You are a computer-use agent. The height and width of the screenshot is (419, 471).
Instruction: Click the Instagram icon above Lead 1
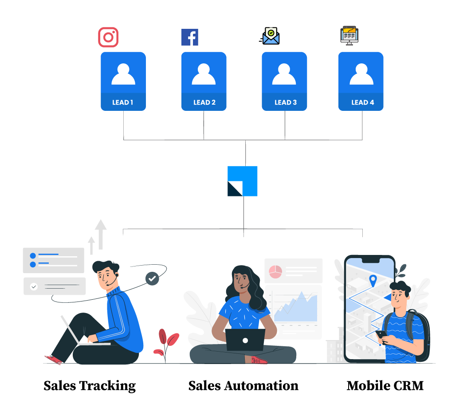(x=108, y=37)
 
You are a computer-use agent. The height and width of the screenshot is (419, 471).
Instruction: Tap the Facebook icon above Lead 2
(x=190, y=37)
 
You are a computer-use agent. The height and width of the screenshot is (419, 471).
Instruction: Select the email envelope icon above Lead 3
(x=271, y=36)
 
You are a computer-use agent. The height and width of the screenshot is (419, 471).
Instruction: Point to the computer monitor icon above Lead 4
(x=349, y=35)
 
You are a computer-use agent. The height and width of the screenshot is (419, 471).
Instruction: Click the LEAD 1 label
(x=123, y=102)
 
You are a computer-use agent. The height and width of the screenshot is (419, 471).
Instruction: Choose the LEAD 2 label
(x=204, y=102)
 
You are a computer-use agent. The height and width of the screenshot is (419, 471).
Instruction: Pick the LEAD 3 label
(x=285, y=102)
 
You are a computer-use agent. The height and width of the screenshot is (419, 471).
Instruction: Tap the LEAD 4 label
(x=362, y=102)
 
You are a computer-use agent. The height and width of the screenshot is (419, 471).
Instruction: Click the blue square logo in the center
(x=243, y=181)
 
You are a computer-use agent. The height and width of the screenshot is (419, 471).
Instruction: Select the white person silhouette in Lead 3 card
(x=284, y=74)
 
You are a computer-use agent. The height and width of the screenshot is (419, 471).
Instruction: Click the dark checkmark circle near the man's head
(x=152, y=278)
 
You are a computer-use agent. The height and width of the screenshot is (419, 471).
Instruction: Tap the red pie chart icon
(x=275, y=271)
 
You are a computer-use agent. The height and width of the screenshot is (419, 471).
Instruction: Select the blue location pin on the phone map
(x=373, y=280)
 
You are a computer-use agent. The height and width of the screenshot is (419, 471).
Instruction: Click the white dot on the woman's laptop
(x=245, y=341)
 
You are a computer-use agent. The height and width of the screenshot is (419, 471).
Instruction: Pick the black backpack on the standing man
(x=420, y=335)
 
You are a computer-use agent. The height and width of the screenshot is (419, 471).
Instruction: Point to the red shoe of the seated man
(x=53, y=360)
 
